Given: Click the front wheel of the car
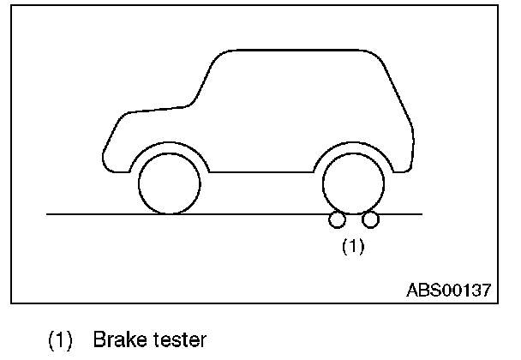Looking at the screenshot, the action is pos(170,183).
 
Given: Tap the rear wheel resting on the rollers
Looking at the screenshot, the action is pos(353,183).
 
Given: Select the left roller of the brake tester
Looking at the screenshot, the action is pos(337,221).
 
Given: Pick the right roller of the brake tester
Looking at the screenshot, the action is pos(370,221).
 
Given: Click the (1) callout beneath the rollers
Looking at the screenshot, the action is pos(353,247).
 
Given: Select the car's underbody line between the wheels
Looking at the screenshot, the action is pos(261,171).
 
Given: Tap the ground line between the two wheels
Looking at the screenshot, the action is pos(261,213).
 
